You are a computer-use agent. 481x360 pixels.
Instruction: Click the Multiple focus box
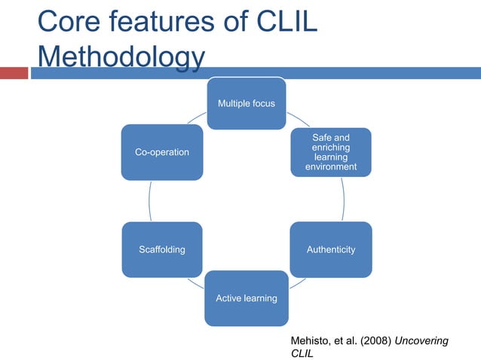click(246, 102)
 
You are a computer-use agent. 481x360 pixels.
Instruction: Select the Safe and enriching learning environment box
click(331, 152)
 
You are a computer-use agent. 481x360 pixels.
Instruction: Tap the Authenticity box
click(331, 249)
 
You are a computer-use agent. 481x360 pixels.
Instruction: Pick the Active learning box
click(246, 298)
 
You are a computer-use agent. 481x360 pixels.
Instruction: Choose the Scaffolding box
click(161, 249)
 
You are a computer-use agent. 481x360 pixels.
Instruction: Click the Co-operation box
click(161, 152)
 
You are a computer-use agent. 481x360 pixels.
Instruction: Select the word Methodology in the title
click(121, 57)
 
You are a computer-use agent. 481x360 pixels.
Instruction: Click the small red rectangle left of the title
click(14, 73)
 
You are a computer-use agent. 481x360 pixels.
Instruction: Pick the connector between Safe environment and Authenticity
click(343, 200)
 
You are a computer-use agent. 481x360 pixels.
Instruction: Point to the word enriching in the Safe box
click(331, 148)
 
